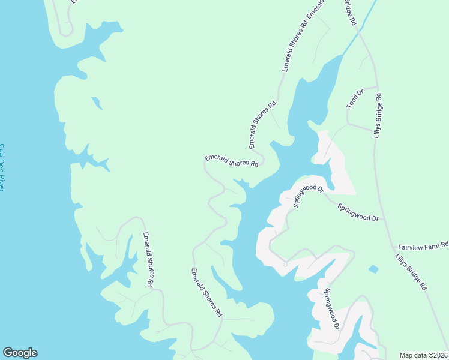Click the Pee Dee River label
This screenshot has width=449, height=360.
point(2,167)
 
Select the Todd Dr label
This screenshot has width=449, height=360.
point(355,99)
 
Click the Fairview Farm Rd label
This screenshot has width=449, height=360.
point(423,246)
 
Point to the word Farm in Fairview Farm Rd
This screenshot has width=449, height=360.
point(427,246)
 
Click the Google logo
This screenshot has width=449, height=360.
point(20,353)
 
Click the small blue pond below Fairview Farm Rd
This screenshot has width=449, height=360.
point(373,269)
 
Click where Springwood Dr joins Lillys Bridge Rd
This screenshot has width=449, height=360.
point(383,220)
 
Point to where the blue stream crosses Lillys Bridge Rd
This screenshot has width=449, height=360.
point(361,33)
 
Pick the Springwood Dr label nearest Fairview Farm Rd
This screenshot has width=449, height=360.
point(358,212)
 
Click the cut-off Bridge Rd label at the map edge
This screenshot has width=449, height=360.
point(350,12)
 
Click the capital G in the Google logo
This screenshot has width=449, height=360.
point(8,353)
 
